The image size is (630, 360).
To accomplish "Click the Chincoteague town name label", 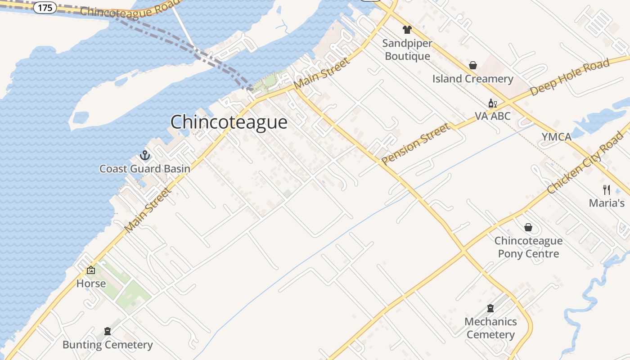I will (229, 122).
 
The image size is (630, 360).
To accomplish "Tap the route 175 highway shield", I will (45, 8).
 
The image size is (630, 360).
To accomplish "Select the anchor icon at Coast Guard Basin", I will (145, 156).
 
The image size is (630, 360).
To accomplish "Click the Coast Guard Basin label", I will (144, 169).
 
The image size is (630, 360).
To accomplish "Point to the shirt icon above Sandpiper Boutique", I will (407, 30).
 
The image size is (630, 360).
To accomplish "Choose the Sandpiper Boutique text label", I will (407, 50).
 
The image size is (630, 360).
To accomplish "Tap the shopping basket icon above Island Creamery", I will (473, 65).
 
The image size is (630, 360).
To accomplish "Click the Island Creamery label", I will (472, 79).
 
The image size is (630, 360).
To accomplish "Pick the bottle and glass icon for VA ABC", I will (493, 103).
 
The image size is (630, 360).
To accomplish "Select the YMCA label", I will (556, 137).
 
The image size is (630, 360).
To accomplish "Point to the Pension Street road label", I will (415, 144).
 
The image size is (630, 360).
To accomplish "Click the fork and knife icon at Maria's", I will (607, 189).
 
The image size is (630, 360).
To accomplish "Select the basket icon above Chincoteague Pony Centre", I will (528, 227).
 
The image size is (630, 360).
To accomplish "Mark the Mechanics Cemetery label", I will (490, 328).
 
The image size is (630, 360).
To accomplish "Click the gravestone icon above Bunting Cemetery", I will (108, 331).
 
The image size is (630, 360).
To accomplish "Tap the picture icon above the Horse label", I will (91, 270).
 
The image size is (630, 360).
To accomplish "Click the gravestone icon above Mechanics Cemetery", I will (490, 308).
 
